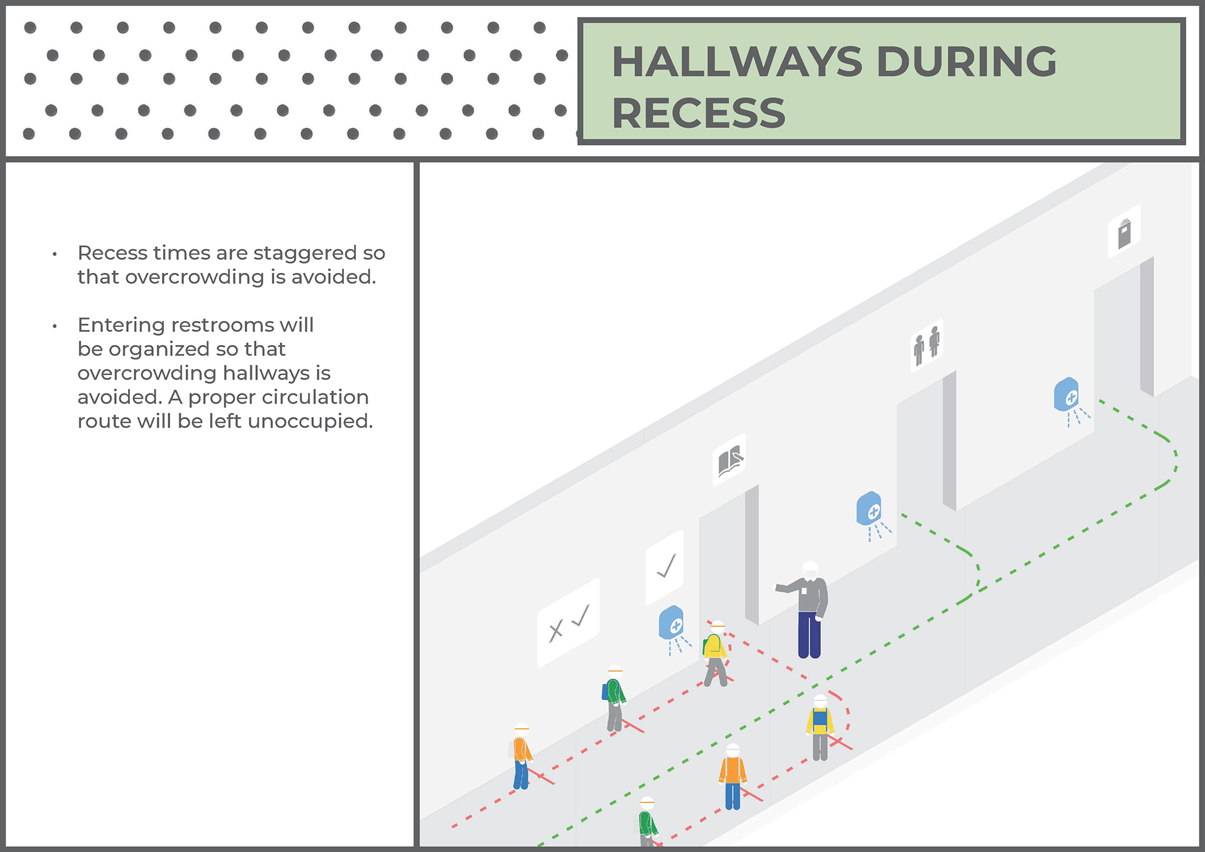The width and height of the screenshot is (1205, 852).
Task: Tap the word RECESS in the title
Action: [699, 114]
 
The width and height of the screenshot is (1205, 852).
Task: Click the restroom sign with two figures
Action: [927, 346]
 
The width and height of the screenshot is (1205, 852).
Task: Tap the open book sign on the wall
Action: [729, 460]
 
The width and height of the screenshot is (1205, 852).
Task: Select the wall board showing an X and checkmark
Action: [569, 622]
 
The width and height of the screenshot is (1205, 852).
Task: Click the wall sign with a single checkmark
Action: [665, 567]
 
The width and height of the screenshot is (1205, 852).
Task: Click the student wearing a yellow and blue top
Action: [820, 728]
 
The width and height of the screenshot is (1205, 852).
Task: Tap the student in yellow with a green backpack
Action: [715, 654]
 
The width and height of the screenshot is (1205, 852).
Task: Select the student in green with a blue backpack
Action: [614, 698]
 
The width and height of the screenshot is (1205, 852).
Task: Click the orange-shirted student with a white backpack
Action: [521, 757]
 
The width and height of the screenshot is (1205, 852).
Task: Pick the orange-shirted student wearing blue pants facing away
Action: [732, 777]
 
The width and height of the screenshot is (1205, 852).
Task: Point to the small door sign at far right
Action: [1124, 232]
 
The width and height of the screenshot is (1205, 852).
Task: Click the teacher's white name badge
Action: [803, 590]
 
